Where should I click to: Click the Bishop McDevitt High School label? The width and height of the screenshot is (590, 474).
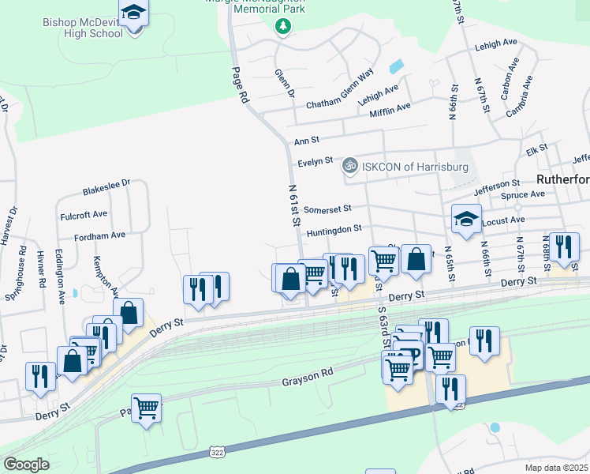coord(84,28)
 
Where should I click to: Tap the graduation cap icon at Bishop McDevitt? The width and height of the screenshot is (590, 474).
coord(135,13)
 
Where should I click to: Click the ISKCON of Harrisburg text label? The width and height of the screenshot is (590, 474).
coord(415,167)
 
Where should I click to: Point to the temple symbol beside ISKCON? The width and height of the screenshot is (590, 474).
coord(349,167)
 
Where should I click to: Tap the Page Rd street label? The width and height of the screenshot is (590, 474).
coord(239,85)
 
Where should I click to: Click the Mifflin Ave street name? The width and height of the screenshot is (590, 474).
coord(390,108)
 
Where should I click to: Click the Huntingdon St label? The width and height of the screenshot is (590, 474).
coord(334,229)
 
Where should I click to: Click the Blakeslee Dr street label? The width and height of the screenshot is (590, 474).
coord(106,188)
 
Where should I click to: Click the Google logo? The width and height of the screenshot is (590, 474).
coord(26,465)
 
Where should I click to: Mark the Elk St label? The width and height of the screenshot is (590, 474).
coord(536,149)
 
